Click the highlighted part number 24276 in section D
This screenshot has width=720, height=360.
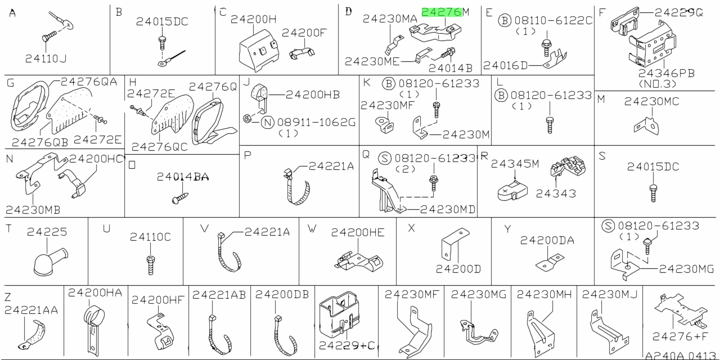coord(442,12)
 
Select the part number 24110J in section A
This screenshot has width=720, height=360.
coord(46,59)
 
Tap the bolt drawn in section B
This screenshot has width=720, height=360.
coord(163,43)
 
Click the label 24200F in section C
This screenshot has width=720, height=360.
coord(304,33)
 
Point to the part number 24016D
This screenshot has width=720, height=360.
coord(505,66)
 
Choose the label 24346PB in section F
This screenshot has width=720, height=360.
coord(667,73)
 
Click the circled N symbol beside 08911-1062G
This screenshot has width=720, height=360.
coord(267,123)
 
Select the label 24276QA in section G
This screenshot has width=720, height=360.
coord(89,82)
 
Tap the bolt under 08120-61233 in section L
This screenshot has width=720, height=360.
coord(550,125)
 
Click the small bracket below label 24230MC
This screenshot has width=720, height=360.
coord(646,126)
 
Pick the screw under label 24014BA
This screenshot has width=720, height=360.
coord(180,197)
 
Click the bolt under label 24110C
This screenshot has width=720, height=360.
coord(150,265)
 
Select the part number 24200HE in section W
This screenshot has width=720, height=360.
coord(358,232)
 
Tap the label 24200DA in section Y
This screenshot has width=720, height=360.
coord(547,240)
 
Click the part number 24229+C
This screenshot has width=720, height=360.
coord(347,345)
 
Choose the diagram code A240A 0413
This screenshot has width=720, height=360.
coord(681,355)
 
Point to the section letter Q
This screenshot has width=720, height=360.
coord(366,155)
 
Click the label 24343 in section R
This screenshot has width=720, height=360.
coord(556,193)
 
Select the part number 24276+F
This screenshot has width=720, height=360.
coord(680,336)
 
